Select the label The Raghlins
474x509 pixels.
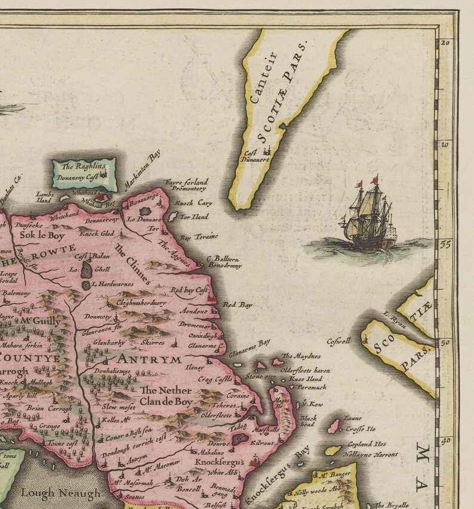point(84,166)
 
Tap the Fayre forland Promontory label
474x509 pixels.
point(186,184)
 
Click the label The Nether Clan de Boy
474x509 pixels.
point(165,396)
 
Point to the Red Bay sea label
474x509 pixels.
point(238,305)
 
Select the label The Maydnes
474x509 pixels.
point(297,356)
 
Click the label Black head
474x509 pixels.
point(309,421)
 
